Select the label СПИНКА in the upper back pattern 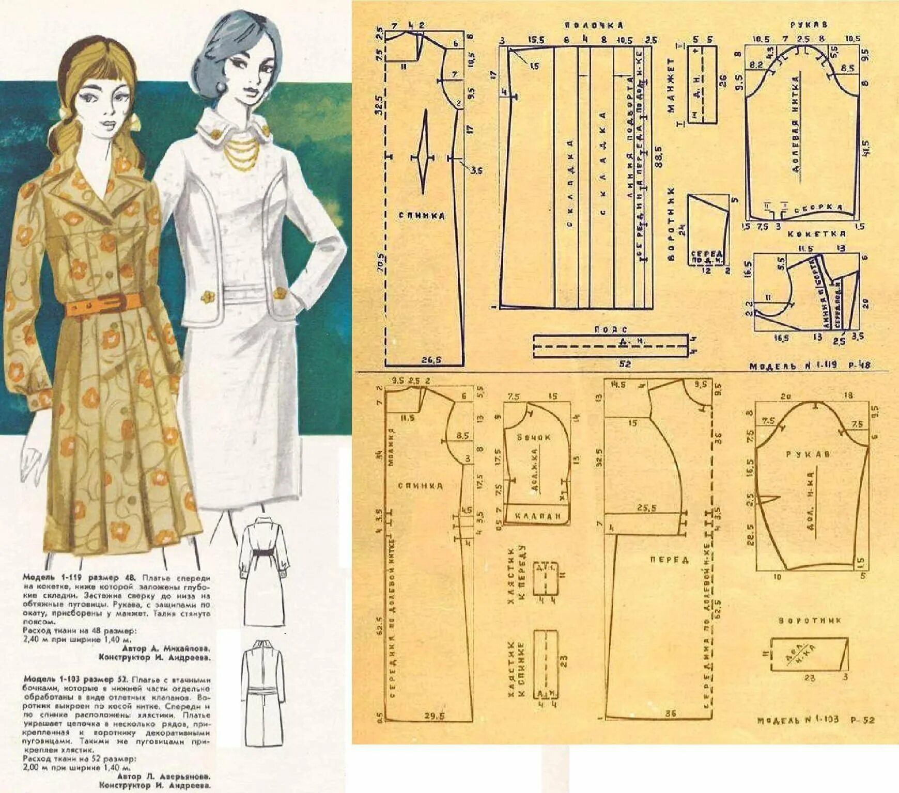point(421,216)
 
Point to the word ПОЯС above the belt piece point(610,329)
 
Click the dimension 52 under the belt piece point(625,364)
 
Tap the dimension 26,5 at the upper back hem point(430,360)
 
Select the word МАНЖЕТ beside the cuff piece point(671,85)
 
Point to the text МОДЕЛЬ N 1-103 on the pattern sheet point(798,720)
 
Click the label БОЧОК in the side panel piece point(534,437)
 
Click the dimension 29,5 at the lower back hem point(434,716)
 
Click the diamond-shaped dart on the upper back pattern point(424,154)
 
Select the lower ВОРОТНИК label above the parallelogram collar point(810,621)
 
